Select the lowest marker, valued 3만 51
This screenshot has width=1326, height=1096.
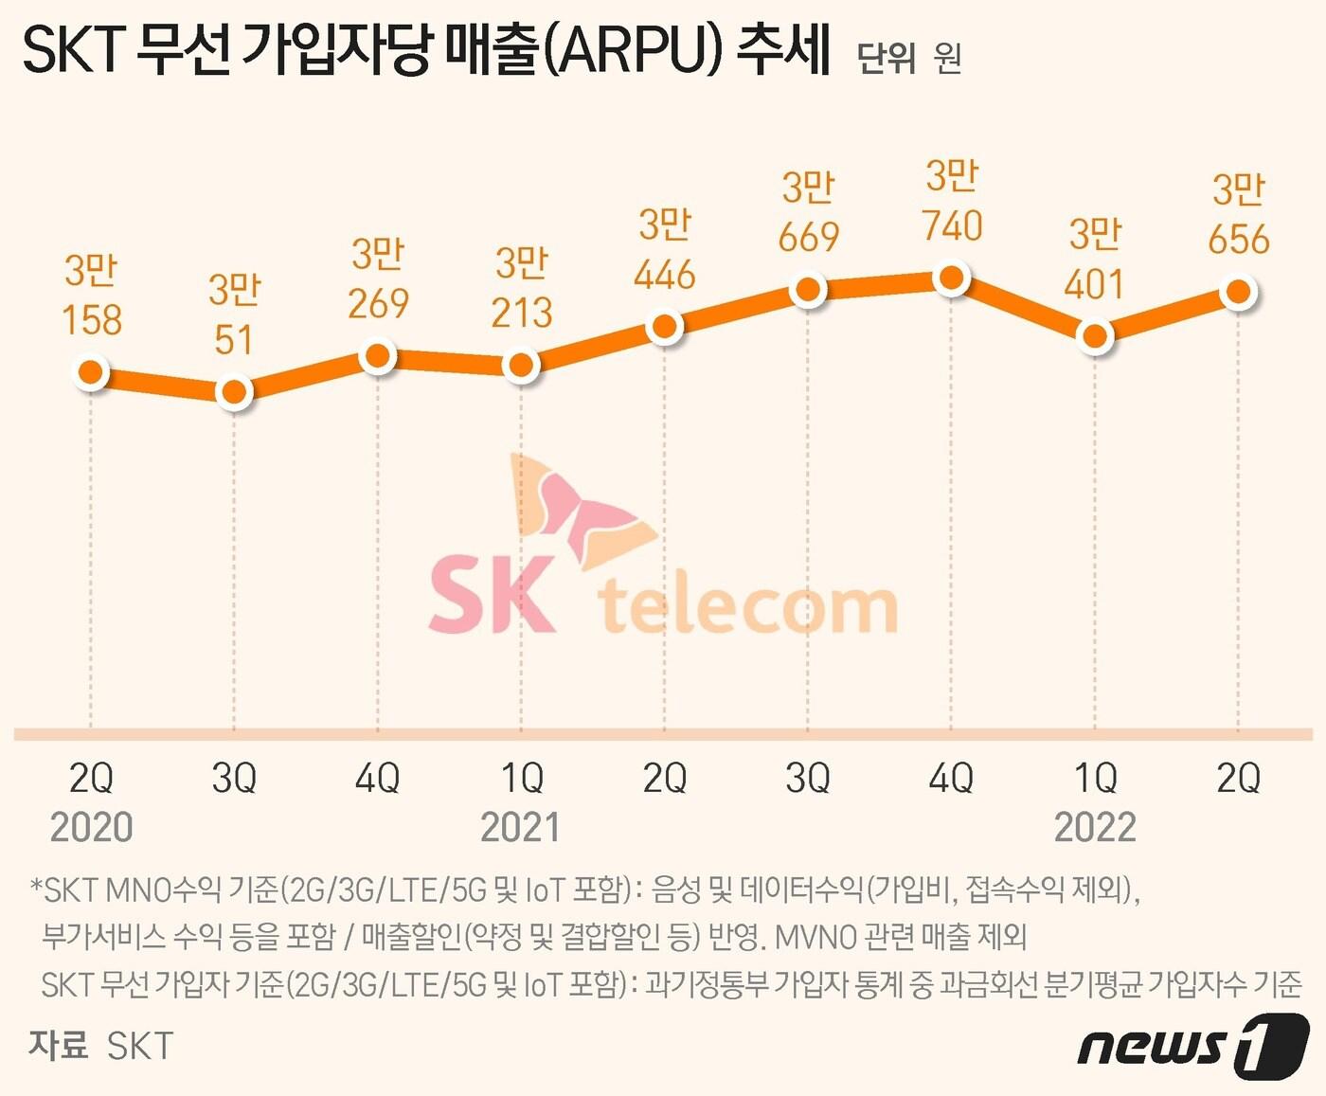[234, 391]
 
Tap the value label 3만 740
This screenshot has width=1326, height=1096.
[953, 201]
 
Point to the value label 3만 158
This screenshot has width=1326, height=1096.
[92, 296]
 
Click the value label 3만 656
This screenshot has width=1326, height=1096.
[1238, 215]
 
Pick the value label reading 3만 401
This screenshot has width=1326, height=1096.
[1095, 260]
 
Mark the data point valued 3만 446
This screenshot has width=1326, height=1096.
[665, 327]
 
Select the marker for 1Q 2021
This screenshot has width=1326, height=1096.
[521, 365]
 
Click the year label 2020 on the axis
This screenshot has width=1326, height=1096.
[91, 828]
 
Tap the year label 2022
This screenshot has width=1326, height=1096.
[1095, 828]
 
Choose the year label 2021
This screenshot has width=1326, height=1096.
[520, 828]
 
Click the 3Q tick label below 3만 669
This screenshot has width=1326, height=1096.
[808, 779]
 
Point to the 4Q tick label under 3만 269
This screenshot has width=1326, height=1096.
[377, 779]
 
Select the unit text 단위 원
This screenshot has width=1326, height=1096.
[908, 58]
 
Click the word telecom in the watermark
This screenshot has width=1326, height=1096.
[748, 605]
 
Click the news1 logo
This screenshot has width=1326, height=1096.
[1192, 1046]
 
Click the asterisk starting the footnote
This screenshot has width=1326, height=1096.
[36, 889]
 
